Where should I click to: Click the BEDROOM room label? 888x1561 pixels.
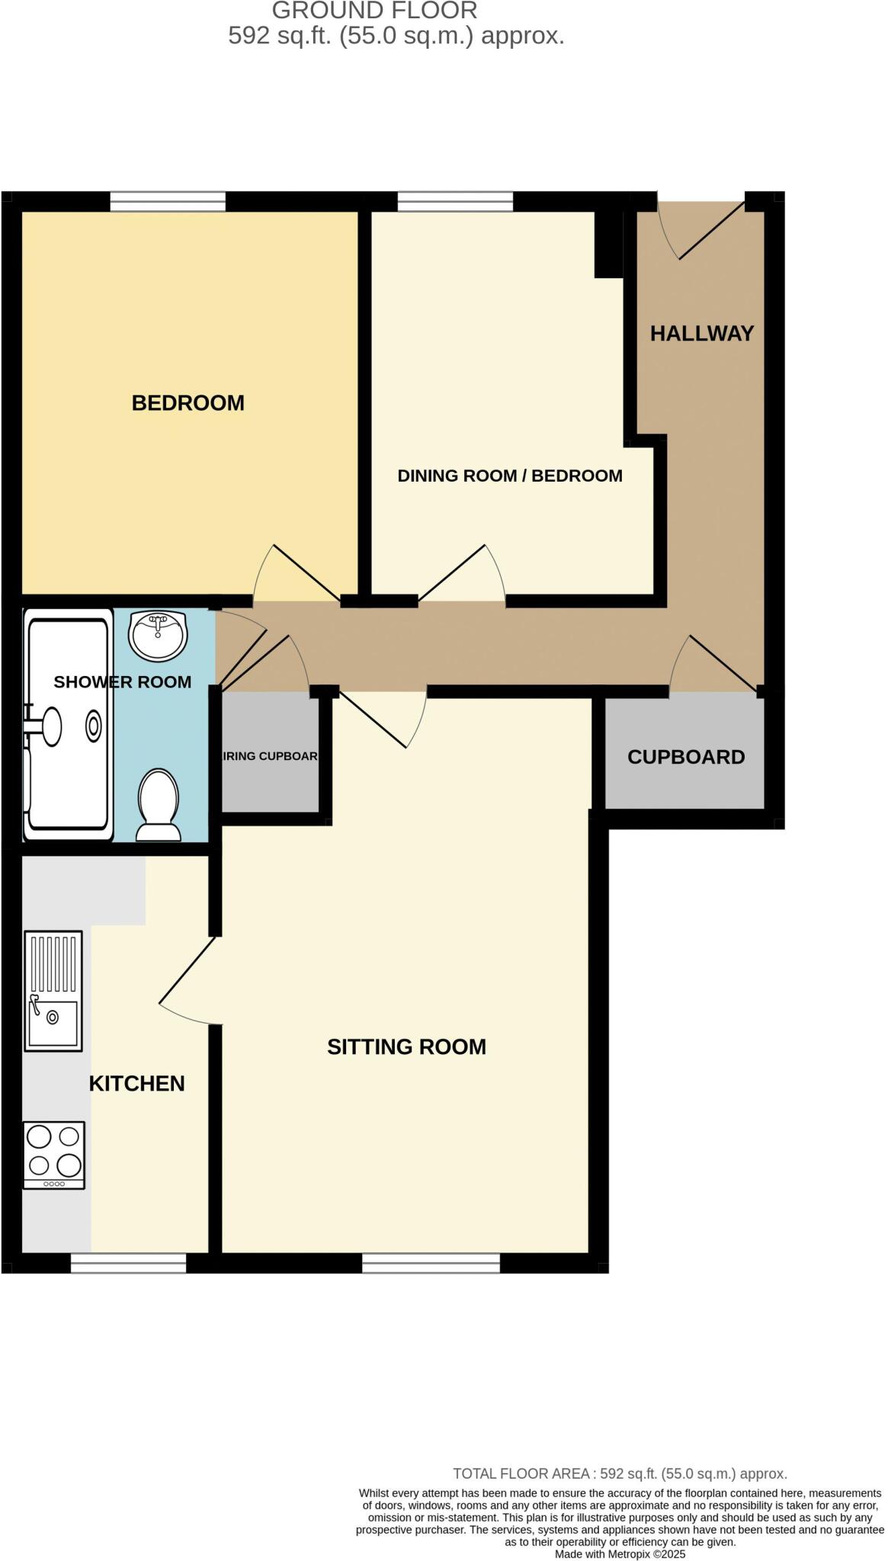188,402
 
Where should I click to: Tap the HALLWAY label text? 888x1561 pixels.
701,333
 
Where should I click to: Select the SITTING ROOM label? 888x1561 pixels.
406,1047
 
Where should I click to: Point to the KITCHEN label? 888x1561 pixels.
137,1083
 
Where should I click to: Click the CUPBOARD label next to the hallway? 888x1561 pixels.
685,757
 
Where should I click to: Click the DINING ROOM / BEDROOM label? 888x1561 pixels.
510,476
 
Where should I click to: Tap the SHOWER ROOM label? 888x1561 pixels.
122,681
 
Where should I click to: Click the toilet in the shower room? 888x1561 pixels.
159,804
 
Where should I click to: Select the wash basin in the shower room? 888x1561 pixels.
157,634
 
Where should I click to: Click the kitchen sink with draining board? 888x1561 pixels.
53,990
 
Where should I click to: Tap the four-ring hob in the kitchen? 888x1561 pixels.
53,1154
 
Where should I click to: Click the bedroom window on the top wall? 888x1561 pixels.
168,201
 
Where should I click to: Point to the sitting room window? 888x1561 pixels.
431,1262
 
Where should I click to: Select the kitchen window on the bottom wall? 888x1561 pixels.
128,1262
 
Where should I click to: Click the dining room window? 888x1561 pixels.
455,201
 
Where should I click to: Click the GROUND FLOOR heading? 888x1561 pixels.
374,11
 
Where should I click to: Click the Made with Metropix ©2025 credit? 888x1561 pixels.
620,1553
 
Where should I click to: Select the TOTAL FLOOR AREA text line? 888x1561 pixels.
620,1473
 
